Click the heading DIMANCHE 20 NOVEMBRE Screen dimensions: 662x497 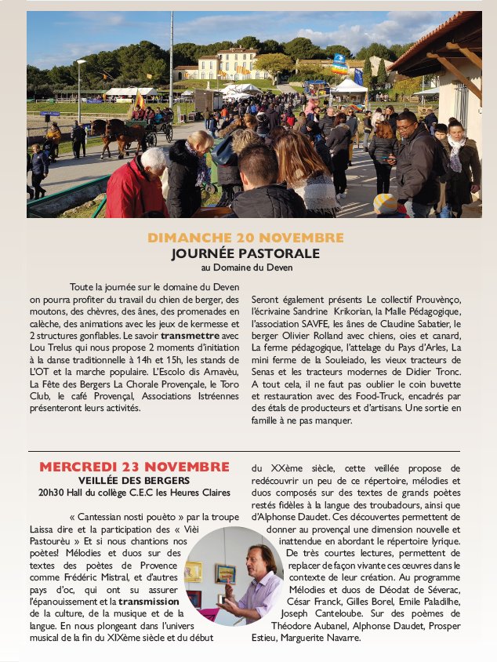coord(245,238)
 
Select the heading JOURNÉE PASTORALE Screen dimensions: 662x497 coord(245,253)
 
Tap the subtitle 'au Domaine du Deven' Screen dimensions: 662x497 coord(245,267)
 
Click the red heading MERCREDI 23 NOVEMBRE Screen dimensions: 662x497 coord(134,467)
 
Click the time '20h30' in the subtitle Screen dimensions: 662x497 coord(53,493)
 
